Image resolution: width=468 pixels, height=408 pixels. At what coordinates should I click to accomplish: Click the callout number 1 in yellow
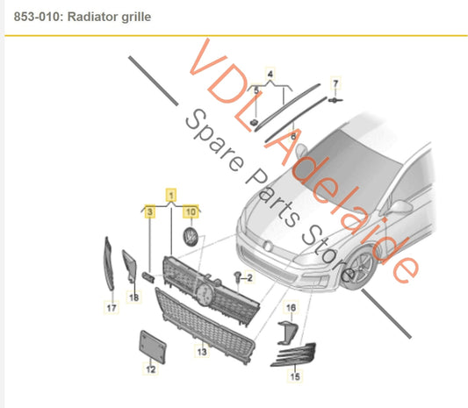coord(171,193)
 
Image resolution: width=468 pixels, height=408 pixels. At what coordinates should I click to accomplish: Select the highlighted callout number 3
coord(150,211)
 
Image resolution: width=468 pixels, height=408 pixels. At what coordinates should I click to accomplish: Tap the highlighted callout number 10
coord(190,211)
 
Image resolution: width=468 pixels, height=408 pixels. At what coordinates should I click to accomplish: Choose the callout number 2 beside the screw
coord(248,278)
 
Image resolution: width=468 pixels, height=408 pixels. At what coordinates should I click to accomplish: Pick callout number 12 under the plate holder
coord(150,369)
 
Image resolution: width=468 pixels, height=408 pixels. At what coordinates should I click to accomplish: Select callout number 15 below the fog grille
coord(295,376)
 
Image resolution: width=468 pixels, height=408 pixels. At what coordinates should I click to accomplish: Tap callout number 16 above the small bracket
coord(292,306)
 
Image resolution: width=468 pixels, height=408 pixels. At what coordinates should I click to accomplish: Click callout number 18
coord(134,298)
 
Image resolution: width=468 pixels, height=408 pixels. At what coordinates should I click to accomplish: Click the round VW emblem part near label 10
coord(190,238)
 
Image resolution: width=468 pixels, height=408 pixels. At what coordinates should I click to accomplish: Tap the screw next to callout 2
coord(236,277)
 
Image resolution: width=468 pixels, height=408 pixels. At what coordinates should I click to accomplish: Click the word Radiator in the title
coord(92,17)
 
